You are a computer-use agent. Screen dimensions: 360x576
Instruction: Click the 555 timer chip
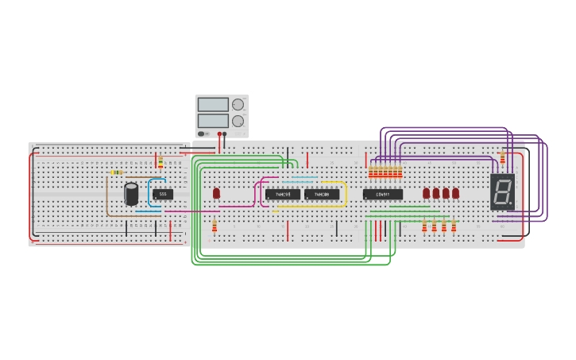tap(163, 194)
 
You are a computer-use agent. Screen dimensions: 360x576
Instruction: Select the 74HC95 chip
tap(283, 194)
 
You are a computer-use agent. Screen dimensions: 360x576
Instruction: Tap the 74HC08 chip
tap(322, 194)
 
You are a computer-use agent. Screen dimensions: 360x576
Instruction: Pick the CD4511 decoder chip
tap(383, 194)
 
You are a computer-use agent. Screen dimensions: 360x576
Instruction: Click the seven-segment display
tap(502, 191)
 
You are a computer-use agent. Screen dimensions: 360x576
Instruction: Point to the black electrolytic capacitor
tap(131, 193)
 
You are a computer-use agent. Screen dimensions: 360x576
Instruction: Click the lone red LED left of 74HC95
tap(216, 193)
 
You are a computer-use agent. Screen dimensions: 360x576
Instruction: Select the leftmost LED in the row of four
tap(427, 193)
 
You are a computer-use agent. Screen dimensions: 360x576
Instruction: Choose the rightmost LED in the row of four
tap(455, 193)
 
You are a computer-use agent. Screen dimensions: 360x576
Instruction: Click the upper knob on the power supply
tap(238, 104)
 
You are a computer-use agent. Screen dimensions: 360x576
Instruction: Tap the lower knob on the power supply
tap(238, 121)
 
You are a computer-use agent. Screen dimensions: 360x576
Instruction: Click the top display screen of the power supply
tap(213, 104)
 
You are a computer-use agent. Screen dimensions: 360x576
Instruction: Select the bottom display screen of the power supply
tap(213, 121)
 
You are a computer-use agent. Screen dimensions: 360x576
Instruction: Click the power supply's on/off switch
tap(202, 134)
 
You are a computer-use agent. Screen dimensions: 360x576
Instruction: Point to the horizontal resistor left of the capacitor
tap(117, 172)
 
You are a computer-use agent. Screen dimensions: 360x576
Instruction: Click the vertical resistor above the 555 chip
tap(160, 162)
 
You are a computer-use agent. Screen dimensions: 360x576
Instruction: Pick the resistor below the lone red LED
tap(215, 225)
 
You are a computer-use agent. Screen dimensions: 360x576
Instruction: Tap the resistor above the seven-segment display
tap(502, 158)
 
